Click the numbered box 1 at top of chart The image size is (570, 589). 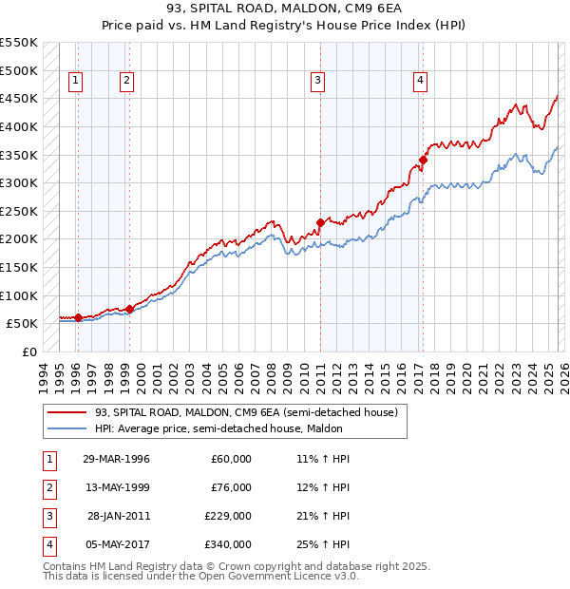coord(75,82)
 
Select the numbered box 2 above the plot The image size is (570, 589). coord(126,82)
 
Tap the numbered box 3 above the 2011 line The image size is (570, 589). coord(318,82)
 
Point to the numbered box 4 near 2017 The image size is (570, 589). coord(419,82)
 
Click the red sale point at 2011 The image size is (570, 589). coord(320,222)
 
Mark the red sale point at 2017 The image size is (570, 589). coord(424,160)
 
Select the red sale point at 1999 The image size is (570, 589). coord(129,309)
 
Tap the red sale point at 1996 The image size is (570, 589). coord(78,317)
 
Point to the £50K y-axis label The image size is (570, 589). coord(22,324)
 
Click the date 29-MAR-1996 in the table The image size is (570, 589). coord(116,459)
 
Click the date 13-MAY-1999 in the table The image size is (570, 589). coord(116,487)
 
